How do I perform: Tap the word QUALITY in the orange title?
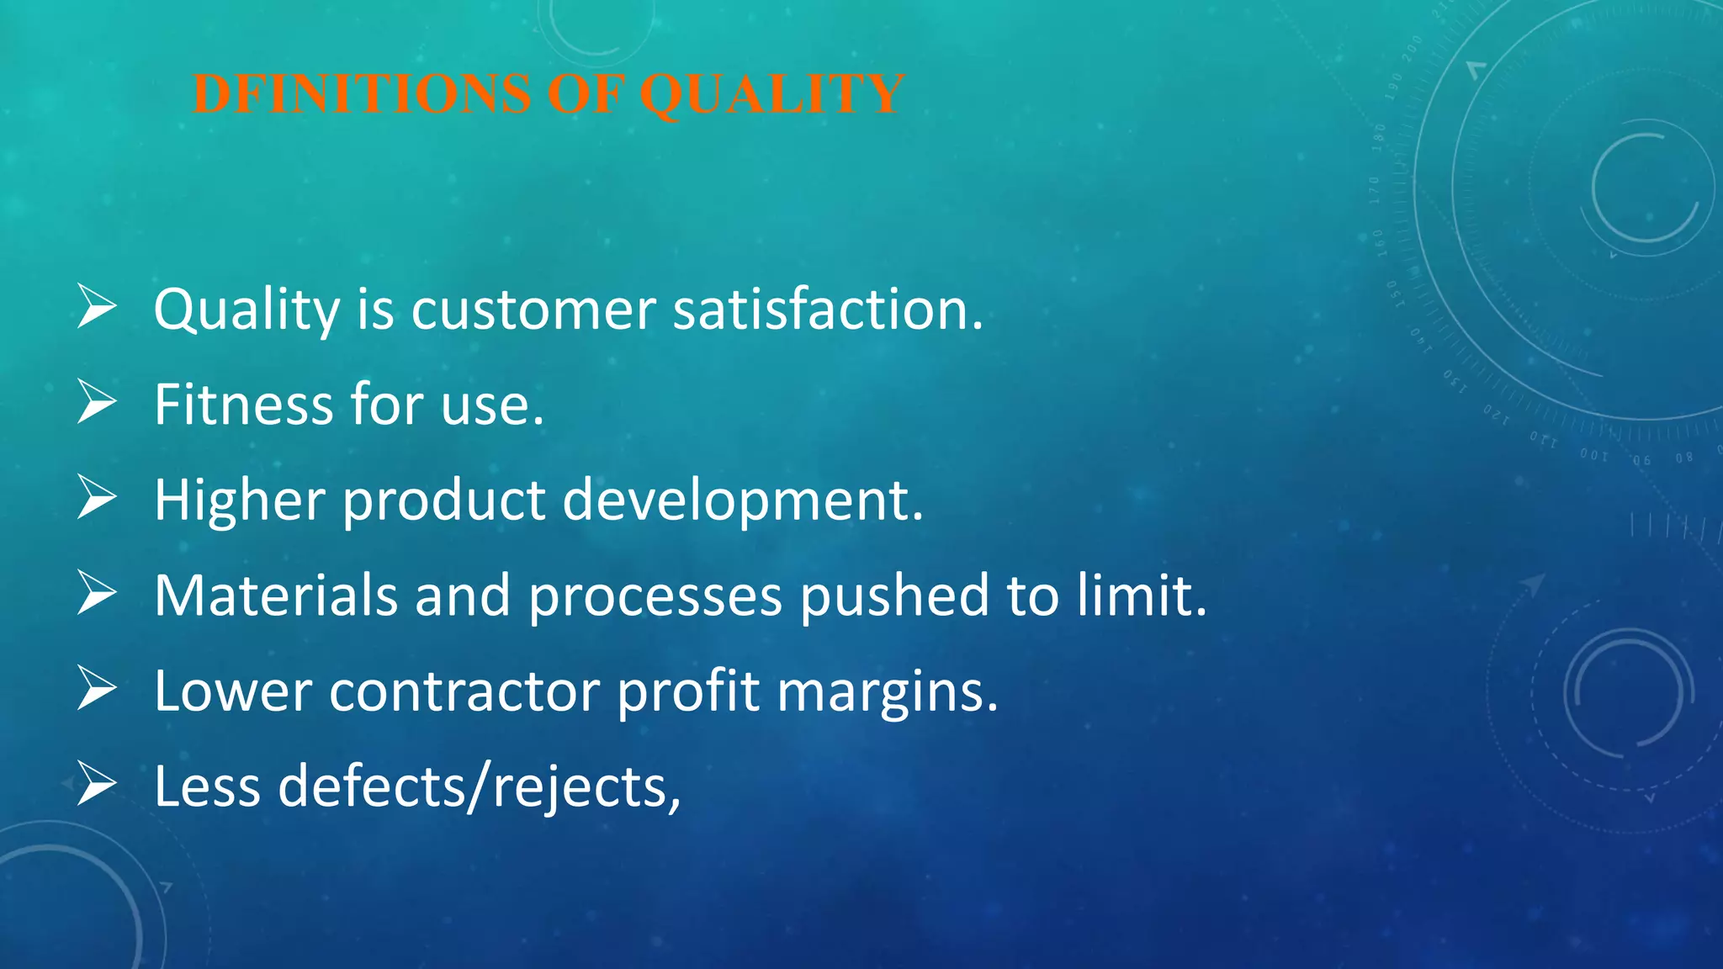click(x=772, y=94)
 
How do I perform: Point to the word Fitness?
click(x=243, y=405)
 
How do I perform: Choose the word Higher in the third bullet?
click(x=239, y=501)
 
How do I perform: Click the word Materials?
click(x=275, y=596)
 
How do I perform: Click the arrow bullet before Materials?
click(x=97, y=592)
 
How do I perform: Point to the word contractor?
click(x=464, y=692)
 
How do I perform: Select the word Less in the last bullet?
click(x=207, y=786)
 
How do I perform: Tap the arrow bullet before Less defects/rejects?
click(x=97, y=783)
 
